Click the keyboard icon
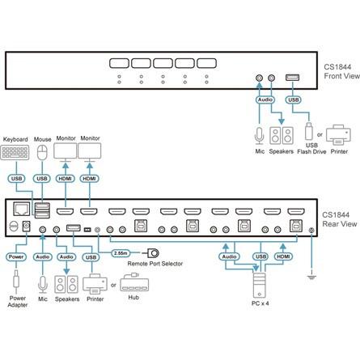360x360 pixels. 15,152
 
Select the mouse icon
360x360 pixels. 42,153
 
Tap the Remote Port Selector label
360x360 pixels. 155,264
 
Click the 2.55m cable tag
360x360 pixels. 121,253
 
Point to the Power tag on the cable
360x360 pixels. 16,256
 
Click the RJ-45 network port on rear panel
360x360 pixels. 22,209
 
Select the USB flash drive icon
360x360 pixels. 309,131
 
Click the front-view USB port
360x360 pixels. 292,78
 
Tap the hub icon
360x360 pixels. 134,282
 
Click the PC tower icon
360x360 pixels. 259,286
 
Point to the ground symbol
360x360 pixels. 311,276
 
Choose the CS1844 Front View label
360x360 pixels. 342,71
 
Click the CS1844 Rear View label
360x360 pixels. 340,219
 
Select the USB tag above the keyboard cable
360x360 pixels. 16,179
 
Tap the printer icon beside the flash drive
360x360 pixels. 338,135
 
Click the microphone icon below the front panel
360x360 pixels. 259,136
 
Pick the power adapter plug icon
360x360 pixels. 16,281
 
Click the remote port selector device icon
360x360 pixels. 153,253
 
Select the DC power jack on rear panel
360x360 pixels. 26,227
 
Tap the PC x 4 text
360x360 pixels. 260,303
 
